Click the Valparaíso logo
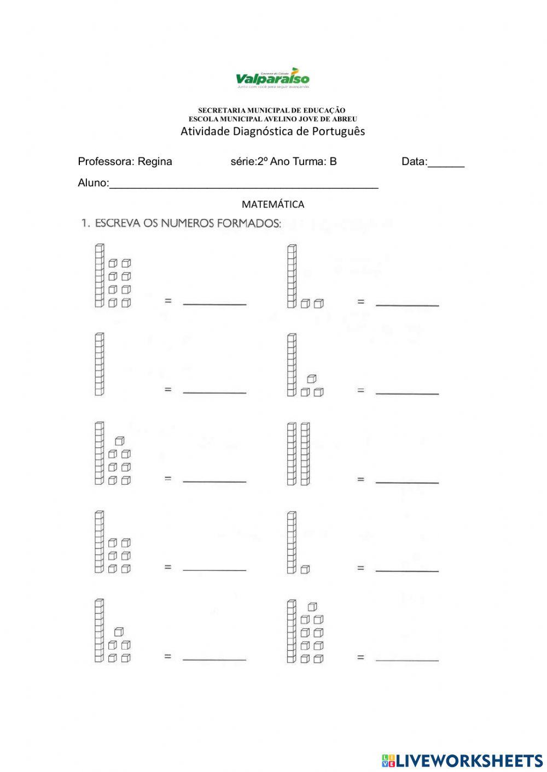tap(272, 78)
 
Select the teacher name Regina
tap(155, 161)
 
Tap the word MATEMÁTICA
tap(273, 204)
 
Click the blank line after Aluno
tap(243, 185)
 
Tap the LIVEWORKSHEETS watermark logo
tap(462, 760)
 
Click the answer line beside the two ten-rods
tap(407, 481)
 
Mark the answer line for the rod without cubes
tap(214, 391)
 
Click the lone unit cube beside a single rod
tap(305, 569)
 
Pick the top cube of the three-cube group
tap(312, 378)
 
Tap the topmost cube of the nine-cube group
tap(312, 606)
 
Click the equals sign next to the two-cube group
tap(360, 301)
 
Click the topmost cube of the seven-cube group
tap(120, 440)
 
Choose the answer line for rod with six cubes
tap(214, 569)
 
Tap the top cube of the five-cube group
tap(119, 632)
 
